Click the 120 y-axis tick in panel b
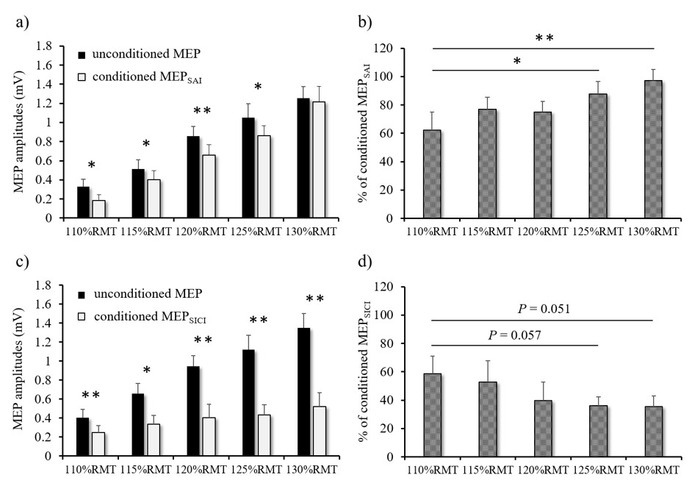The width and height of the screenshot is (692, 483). (400, 49)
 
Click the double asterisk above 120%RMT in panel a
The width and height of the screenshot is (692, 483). (202, 112)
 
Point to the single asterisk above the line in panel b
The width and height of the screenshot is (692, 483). (516, 62)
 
